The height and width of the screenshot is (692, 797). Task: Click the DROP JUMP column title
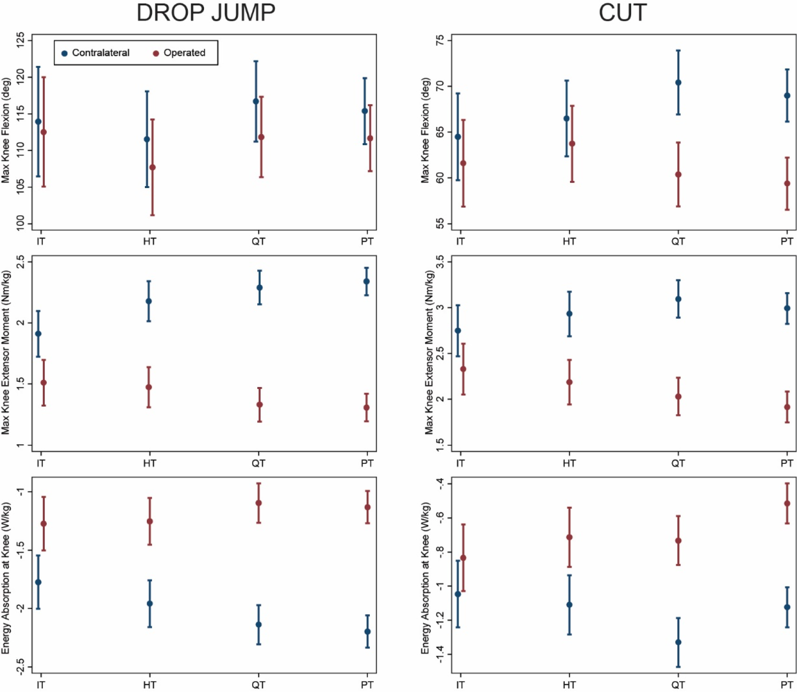[x=206, y=13]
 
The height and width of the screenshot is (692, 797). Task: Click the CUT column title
[x=623, y=13]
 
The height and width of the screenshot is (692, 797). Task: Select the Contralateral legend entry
[x=95, y=53]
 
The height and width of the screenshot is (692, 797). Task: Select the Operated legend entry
[x=179, y=53]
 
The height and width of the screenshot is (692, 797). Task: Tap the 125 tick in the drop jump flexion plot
[x=20, y=41]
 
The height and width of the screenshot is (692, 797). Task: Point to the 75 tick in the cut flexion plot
[x=439, y=41]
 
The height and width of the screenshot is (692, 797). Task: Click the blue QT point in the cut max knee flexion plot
[x=678, y=83]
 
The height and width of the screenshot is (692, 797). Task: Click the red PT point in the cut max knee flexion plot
[x=787, y=183]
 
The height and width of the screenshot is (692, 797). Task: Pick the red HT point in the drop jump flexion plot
[x=153, y=168]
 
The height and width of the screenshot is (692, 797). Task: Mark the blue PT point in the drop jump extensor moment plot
[x=367, y=282]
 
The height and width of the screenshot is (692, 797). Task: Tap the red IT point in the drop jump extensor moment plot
[x=44, y=383]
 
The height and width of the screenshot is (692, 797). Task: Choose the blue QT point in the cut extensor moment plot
[x=678, y=299]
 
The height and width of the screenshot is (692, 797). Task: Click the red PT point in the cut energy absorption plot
[x=787, y=503]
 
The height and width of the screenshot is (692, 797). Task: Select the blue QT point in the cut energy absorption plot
[x=678, y=642]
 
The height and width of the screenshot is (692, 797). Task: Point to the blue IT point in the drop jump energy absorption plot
[x=39, y=582]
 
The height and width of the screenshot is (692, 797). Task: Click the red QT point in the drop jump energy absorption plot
[x=259, y=503]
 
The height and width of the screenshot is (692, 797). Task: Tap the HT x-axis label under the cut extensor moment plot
[x=569, y=463]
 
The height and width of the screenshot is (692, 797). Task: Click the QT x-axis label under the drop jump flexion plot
[x=258, y=241]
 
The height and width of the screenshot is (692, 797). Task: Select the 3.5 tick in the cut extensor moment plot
[x=439, y=262]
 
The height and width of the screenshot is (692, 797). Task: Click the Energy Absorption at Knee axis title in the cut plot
[x=425, y=578]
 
